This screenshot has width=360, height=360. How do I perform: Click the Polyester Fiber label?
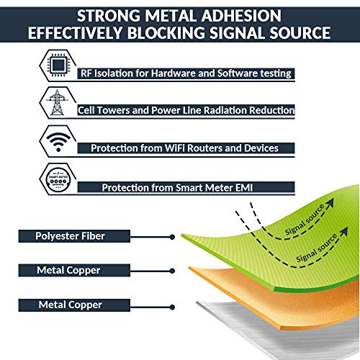(x=71, y=235)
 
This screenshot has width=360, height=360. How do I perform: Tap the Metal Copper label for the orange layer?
(x=71, y=270)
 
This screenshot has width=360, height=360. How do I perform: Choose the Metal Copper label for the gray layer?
(x=71, y=305)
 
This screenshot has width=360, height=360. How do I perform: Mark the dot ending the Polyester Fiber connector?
(x=171, y=235)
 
